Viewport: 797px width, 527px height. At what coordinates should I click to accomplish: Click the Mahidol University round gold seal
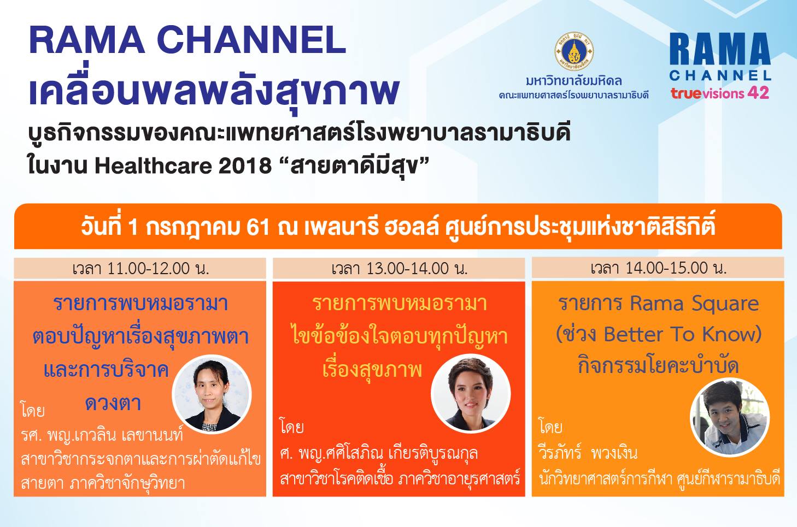[x=574, y=51]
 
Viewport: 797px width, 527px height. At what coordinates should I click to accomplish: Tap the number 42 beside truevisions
[x=759, y=93]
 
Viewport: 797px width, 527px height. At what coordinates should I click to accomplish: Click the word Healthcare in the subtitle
[x=154, y=166]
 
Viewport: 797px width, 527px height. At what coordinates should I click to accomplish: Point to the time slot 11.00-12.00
[x=148, y=268]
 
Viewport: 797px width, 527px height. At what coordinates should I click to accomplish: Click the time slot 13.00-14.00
[x=407, y=268]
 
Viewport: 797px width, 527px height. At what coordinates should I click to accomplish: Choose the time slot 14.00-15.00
[x=667, y=268]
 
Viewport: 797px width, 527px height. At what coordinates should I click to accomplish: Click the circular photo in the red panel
[x=471, y=393]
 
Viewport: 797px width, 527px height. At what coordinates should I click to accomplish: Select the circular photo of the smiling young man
[x=730, y=417]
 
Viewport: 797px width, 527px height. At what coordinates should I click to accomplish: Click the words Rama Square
[x=694, y=304]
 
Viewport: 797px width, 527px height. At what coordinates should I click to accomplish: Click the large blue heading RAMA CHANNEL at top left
[x=187, y=39]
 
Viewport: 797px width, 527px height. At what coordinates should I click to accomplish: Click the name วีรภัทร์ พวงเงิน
[x=588, y=453]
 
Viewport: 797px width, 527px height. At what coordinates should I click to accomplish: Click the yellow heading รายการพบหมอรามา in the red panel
[x=399, y=304]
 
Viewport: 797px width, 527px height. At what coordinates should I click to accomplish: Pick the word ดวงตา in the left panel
[x=113, y=404]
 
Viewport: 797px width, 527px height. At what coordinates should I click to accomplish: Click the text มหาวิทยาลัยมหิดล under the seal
[x=574, y=81]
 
